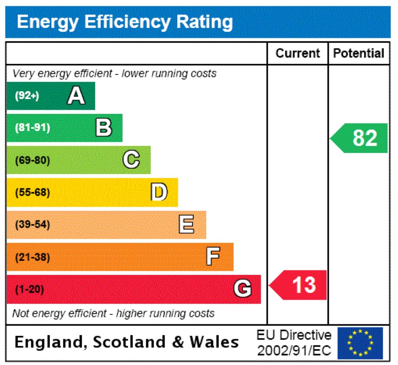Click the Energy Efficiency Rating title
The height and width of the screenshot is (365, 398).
pos(125,22)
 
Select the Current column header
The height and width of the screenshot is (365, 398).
pos(297,53)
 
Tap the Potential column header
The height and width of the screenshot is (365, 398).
pos(358,53)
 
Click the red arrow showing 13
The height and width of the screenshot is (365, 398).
pos(298,285)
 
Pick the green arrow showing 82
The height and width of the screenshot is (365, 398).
pos(359,138)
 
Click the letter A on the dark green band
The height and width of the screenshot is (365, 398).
pos(76,96)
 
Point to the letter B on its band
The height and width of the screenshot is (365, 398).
pos(104,128)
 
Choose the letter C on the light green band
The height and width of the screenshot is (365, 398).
pos(131,160)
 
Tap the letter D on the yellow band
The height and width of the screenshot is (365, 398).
pos(159,192)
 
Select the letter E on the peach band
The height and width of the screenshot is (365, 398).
pos(186,224)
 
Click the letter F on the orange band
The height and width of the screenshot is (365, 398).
pos(213,257)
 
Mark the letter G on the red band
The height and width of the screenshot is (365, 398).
pos(242,289)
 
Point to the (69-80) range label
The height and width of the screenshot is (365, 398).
pos(32,160)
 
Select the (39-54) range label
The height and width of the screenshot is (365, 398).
pos(32,225)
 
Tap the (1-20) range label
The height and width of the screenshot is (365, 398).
pos(30,290)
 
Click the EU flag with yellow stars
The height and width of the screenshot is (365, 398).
pos(360,343)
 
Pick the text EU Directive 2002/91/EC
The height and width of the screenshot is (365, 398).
pos(294,343)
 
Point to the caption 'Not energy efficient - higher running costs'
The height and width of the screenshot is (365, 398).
pos(113,313)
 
